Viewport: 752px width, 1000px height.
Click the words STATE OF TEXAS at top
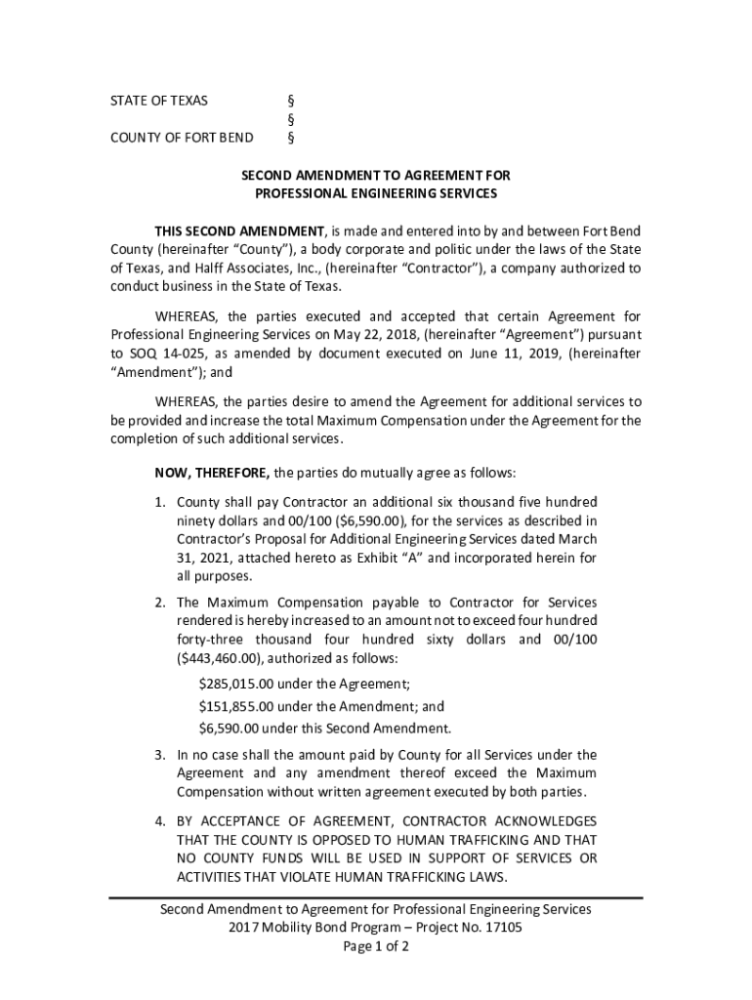(158, 101)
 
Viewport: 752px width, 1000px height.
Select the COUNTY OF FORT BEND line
(182, 137)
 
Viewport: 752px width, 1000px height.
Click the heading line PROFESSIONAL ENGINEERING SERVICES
(376, 193)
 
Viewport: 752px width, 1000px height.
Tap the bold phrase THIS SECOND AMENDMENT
(239, 230)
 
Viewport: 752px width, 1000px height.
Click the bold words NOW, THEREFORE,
(212, 474)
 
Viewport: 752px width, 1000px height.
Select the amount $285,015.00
(237, 684)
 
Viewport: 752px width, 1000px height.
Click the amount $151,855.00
(237, 706)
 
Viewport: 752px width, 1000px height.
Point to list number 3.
(160, 755)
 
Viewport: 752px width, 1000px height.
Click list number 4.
(160, 820)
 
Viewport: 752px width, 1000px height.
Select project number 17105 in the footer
(503, 929)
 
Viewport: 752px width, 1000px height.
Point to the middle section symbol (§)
(290, 119)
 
